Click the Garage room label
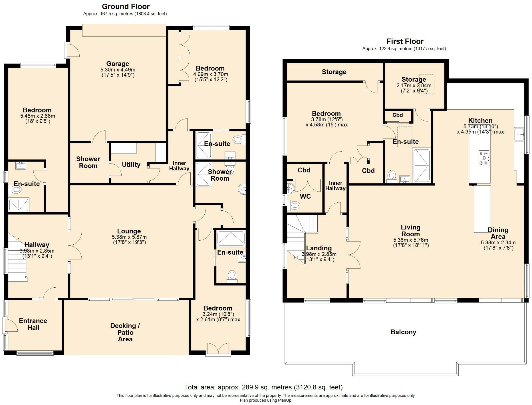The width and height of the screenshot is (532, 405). [x=118, y=64]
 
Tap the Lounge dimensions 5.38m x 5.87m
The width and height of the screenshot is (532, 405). [x=129, y=237]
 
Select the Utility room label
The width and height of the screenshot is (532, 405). [x=131, y=165]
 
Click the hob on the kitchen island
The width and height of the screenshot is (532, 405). [x=484, y=158]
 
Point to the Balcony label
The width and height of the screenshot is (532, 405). [x=403, y=332]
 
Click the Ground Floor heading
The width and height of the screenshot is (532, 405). [x=126, y=6]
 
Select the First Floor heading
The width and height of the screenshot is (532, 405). [x=405, y=41]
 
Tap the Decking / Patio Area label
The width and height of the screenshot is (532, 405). [x=125, y=333]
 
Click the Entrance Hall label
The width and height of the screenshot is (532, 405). [x=33, y=324]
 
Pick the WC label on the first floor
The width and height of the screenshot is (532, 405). [x=305, y=196]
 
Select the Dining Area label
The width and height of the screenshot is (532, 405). [x=498, y=233]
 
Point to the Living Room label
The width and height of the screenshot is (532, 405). [x=410, y=231]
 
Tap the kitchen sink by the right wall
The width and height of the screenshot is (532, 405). [x=519, y=134]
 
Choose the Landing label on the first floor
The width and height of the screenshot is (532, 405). [x=319, y=248]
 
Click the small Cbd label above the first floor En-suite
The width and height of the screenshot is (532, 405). [x=397, y=115]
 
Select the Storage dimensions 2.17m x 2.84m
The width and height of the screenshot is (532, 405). [x=414, y=86]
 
